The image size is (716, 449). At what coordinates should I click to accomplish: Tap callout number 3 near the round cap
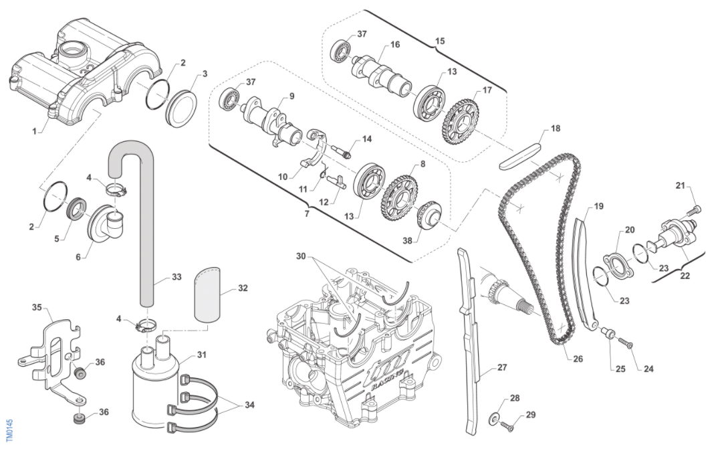pyautogui.click(x=205, y=73)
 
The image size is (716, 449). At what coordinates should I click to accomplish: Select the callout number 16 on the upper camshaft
pyautogui.click(x=395, y=45)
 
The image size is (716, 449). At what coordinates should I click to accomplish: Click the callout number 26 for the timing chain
pyautogui.click(x=578, y=359)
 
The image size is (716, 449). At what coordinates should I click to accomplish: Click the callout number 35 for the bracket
pyautogui.click(x=37, y=308)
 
